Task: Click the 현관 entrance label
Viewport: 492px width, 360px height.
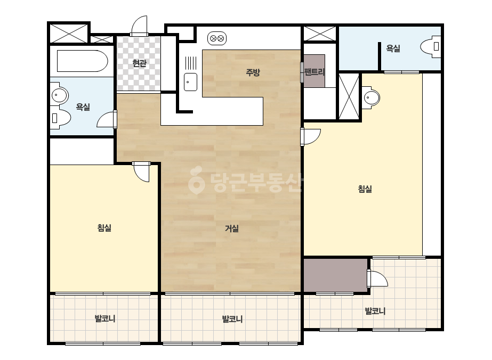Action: pos(139,63)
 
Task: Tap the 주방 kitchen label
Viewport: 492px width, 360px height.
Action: pos(253,72)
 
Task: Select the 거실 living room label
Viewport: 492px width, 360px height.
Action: pos(232,228)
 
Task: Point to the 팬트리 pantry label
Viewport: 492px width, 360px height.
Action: pos(314,72)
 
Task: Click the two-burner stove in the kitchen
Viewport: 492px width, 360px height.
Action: pos(217,38)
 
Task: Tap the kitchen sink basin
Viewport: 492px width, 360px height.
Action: pos(190,82)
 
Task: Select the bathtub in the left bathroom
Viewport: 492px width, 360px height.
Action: pos(83,61)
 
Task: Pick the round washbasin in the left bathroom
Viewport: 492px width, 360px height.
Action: pos(59,94)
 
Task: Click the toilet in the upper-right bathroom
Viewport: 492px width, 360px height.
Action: pos(431,47)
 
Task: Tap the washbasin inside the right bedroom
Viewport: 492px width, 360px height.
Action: pos(371,98)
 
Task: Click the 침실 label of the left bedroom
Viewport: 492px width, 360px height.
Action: pos(104,228)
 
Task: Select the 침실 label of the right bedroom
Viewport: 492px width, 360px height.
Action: pos(365,189)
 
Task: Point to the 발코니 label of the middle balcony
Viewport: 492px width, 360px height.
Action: pos(232,319)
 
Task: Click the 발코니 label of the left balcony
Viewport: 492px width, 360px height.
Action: pos(105,318)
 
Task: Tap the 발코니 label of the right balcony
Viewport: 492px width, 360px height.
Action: pos(375,311)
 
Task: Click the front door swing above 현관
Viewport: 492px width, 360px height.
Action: pos(139,25)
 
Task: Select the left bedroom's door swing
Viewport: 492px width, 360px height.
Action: pos(141,172)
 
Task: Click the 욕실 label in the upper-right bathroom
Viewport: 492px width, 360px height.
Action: pos(393,48)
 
